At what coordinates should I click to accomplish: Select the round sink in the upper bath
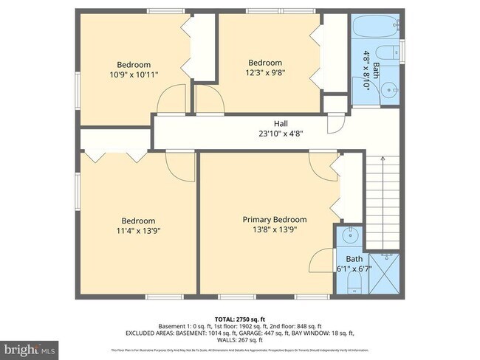pos(393,91)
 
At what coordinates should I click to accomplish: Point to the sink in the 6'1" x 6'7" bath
pos(350,237)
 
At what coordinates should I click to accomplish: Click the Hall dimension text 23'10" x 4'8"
pos(281,134)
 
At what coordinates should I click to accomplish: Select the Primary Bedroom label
pos(275,220)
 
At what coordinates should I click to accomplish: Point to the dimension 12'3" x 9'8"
pos(264,73)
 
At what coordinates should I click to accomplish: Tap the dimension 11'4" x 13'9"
pos(138,231)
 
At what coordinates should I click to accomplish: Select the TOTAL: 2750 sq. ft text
pos(240,317)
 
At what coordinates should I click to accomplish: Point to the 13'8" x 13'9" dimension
pos(275,230)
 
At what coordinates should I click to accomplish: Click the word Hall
pos(281,124)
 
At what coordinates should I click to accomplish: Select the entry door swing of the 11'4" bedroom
pos(182,167)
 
